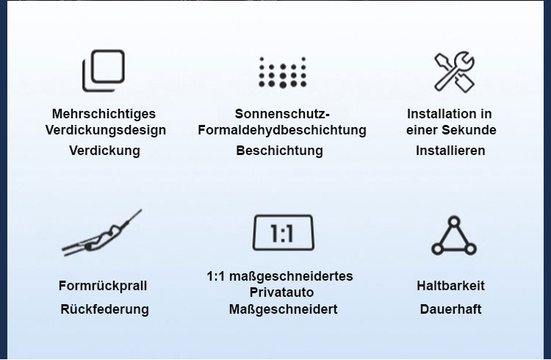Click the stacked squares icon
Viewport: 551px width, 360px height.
(104, 71)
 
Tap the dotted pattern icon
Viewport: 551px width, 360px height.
(283, 73)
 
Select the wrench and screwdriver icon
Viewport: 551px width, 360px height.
(454, 72)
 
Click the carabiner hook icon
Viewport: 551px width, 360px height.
(102, 234)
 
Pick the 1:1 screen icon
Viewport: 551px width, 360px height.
(284, 233)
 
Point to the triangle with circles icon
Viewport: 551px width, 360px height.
(454, 236)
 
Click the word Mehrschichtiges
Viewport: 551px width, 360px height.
(104, 114)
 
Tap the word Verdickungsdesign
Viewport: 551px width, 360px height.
(105, 130)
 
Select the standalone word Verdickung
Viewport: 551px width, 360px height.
(104, 151)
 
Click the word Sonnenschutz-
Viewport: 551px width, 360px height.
(282, 114)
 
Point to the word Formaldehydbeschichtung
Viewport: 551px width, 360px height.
(282, 130)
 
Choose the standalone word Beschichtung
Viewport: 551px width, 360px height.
(279, 151)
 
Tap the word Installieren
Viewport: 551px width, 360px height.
(450, 151)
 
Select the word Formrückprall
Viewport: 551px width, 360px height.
(103, 286)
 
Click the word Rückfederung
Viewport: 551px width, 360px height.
(104, 309)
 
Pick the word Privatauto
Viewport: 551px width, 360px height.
(281, 292)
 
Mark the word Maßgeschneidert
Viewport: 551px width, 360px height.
(284, 309)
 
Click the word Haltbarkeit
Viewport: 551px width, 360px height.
(450, 286)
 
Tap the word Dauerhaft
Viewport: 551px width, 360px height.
(450, 309)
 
